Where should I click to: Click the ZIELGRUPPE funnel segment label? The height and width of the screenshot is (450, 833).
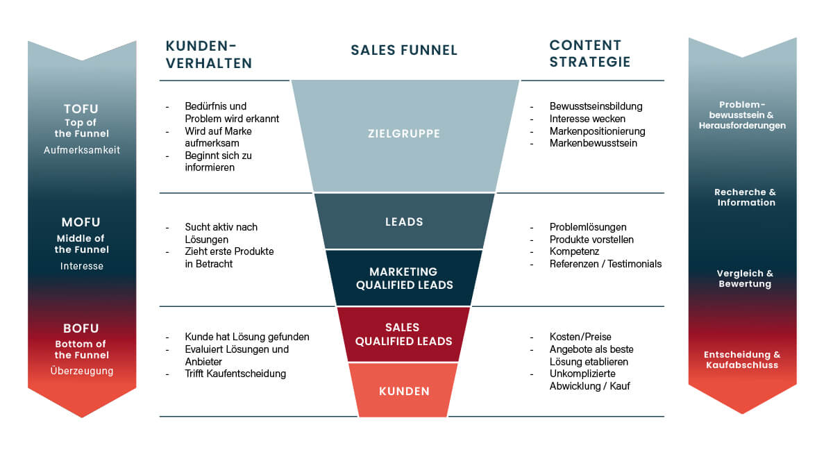coord(404,133)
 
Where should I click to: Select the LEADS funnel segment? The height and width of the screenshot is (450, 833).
coord(404,222)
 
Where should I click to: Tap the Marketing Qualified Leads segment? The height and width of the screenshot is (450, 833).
coord(404,278)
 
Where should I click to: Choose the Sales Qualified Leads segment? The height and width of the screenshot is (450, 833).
coord(404,334)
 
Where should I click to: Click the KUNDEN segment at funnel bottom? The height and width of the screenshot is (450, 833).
coord(404,391)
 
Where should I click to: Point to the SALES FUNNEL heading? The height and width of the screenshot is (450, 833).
coord(404,50)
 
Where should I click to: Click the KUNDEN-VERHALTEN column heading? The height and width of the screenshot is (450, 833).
coord(208,54)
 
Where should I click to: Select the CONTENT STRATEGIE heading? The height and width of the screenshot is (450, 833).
coord(589,53)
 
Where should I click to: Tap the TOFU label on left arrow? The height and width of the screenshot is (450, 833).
coord(81,109)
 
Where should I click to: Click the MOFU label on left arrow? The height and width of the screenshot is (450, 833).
coord(81,223)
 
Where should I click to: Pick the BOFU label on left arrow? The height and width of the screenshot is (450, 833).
coord(81,328)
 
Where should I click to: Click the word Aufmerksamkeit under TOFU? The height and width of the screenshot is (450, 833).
coord(81,150)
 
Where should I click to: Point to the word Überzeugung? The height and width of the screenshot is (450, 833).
coord(81,371)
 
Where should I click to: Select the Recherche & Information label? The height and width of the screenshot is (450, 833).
coord(745,197)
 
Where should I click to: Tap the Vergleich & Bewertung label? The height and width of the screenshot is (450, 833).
coord(744,278)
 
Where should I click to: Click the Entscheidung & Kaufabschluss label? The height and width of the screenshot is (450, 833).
coord(742,360)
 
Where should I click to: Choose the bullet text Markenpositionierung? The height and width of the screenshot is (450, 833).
coord(597,131)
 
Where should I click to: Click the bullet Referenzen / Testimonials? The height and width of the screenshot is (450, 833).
coord(605,264)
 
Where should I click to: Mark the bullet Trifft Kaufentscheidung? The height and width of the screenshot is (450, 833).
coord(235,374)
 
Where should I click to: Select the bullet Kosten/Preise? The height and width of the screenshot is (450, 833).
coord(580,337)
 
